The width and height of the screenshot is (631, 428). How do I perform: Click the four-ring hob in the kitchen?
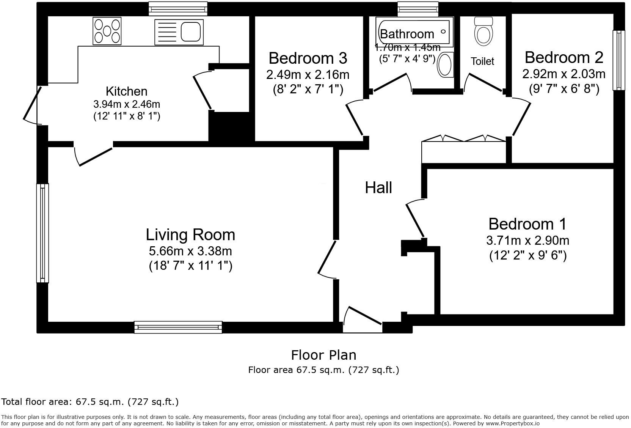click(107, 31)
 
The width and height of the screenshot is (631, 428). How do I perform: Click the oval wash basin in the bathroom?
click(445, 65)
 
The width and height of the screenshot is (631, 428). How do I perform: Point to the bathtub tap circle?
click(443, 32)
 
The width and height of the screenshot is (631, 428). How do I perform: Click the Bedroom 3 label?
click(308, 58)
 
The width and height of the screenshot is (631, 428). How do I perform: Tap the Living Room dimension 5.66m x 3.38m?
click(190, 251)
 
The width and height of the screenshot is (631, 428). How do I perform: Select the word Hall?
click(378, 187)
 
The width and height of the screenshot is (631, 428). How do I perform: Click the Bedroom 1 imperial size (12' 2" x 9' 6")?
click(527, 255)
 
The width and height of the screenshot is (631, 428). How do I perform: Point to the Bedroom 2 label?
click(564, 57)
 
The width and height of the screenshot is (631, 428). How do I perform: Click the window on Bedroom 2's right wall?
click(619, 60)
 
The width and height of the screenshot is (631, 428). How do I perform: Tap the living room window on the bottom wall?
click(178, 327)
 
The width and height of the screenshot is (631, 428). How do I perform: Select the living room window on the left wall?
click(42, 233)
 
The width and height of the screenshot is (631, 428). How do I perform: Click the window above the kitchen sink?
click(178, 8)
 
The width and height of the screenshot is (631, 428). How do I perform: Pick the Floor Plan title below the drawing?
click(323, 355)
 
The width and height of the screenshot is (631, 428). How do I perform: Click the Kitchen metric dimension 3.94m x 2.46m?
click(127, 104)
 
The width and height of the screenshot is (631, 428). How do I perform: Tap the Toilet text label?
click(482, 61)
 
